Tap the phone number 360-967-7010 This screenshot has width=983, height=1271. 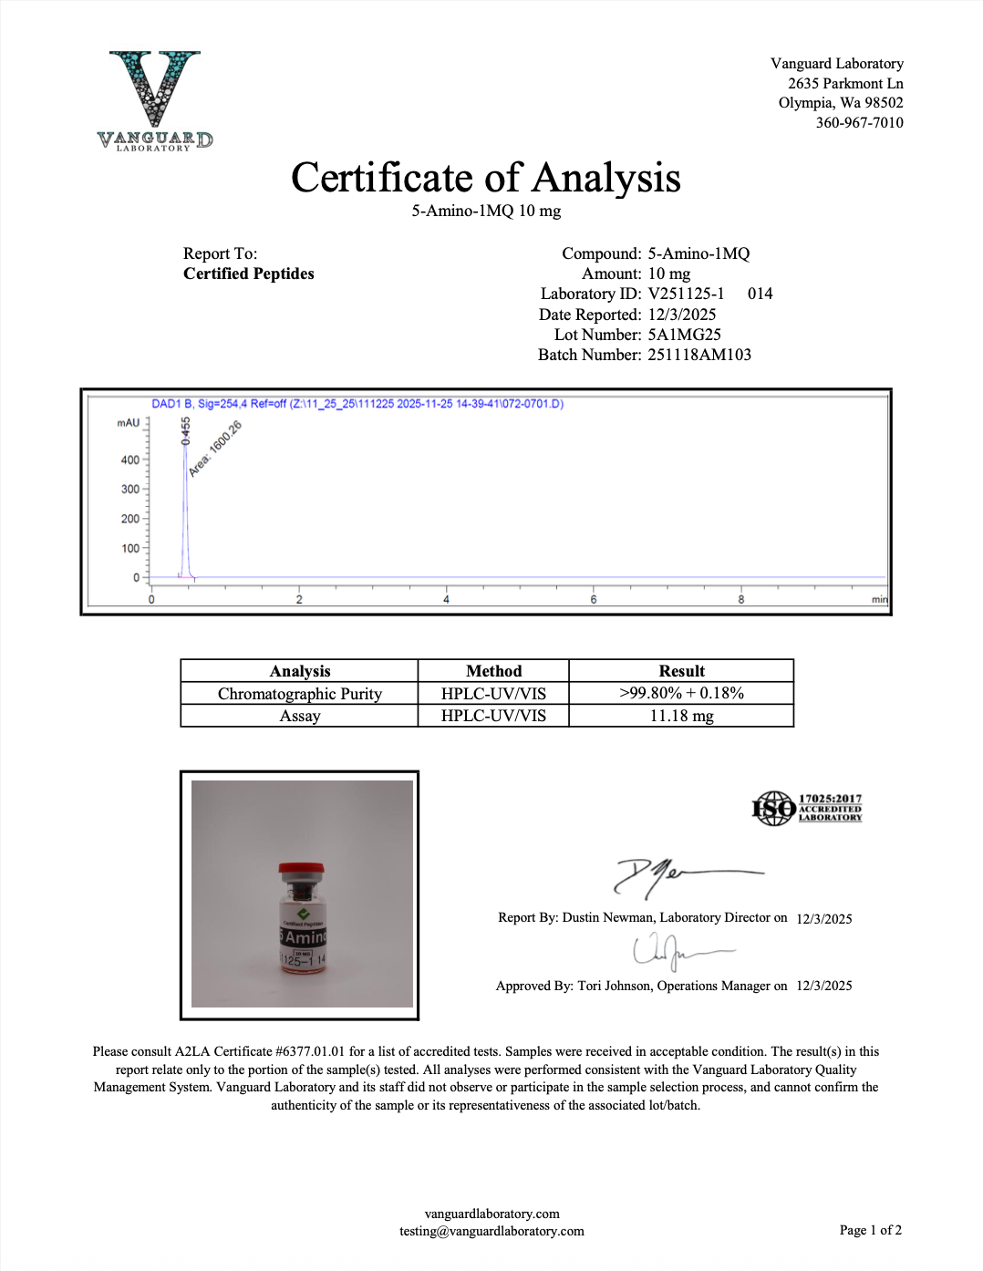click(x=859, y=123)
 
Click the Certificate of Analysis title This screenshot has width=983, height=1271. click(x=485, y=178)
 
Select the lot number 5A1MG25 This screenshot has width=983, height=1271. click(x=684, y=335)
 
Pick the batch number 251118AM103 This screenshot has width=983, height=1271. click(x=699, y=355)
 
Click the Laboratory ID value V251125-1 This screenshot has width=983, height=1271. click(x=686, y=294)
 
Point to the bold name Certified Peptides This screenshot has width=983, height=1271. click(x=248, y=274)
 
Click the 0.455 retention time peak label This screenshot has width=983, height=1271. click(x=186, y=430)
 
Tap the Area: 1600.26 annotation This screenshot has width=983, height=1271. click(x=215, y=449)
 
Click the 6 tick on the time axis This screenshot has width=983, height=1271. click(x=594, y=599)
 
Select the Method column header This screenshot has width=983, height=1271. click(x=493, y=671)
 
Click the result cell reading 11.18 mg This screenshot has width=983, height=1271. click(x=681, y=716)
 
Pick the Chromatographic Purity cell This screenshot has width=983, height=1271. click(x=299, y=694)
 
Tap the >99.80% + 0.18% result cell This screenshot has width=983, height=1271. click(x=681, y=693)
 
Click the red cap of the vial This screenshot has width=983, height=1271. click(x=301, y=868)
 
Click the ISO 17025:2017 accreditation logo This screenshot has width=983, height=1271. click(x=806, y=808)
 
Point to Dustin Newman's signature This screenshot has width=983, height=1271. click(x=684, y=876)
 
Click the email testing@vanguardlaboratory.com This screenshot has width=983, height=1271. click(x=491, y=1231)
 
